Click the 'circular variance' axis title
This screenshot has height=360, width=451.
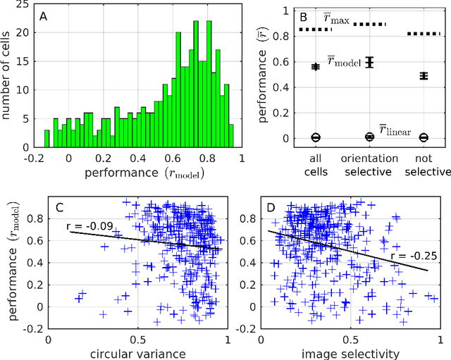[138, 354]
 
